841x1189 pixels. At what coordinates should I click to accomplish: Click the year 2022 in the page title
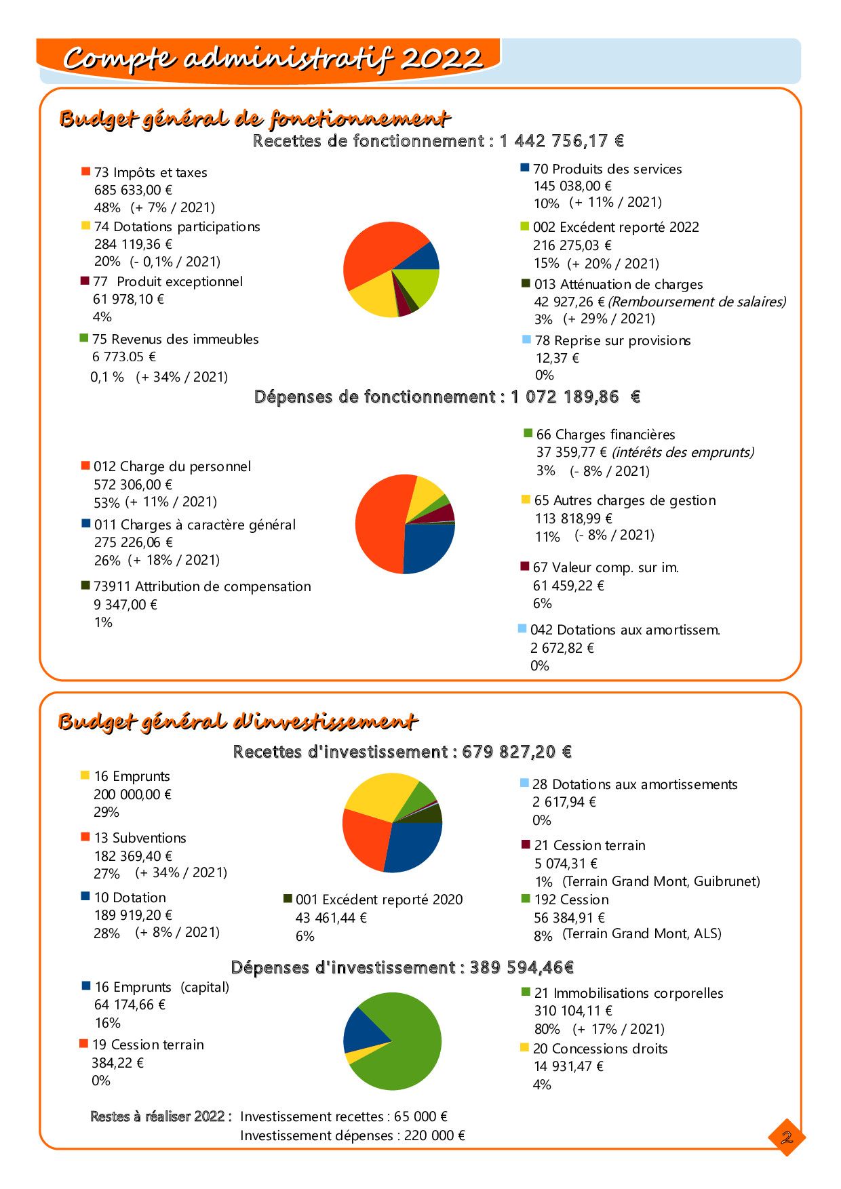coord(441,59)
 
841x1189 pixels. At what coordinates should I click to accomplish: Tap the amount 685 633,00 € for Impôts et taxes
coord(133,190)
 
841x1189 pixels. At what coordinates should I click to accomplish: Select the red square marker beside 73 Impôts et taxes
coord(86,172)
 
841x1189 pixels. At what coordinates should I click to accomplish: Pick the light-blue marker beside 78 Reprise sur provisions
coord(526,340)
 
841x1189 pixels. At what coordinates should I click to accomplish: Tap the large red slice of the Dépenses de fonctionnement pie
coord(380,522)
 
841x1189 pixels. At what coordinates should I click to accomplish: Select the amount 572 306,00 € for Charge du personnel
coord(133,485)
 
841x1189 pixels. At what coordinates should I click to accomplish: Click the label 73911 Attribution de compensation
coord(202,587)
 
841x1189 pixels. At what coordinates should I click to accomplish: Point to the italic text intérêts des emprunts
coord(683,452)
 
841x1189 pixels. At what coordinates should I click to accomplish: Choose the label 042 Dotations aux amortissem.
coord(625,630)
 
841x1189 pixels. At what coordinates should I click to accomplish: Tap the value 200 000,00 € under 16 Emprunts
coord(133,794)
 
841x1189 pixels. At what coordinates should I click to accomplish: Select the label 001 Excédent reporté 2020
coord(378,900)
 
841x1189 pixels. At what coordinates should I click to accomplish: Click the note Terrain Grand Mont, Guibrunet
coord(661,882)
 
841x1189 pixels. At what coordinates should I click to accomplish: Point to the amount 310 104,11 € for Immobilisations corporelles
coord(573,1011)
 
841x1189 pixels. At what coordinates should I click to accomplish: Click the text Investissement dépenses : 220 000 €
coord(353,1135)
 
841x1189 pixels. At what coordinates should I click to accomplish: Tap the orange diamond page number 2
coord(787,1137)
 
